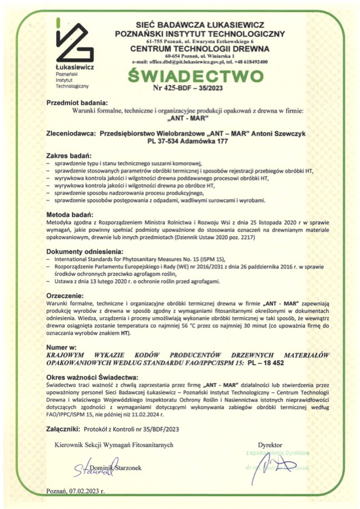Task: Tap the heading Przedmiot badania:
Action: pyautogui.click(x=77, y=103)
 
